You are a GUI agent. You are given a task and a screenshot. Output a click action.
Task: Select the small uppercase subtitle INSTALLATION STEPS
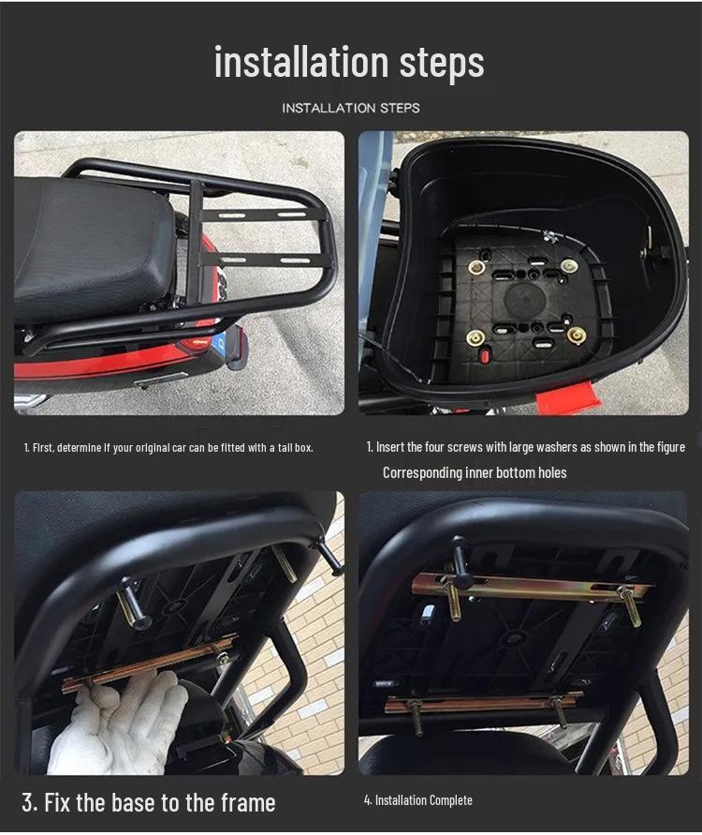click(351, 108)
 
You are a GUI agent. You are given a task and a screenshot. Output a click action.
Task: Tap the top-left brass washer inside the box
click(476, 267)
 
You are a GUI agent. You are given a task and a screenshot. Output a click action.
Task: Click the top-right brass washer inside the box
click(569, 266)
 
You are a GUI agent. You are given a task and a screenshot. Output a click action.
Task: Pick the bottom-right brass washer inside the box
click(577, 335)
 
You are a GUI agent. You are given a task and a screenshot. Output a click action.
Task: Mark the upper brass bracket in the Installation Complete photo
click(532, 589)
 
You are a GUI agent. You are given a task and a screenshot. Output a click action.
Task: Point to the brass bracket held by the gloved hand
click(150, 664)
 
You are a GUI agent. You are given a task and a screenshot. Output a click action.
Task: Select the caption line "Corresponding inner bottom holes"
click(475, 472)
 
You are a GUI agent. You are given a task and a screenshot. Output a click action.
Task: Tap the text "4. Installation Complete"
click(417, 800)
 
